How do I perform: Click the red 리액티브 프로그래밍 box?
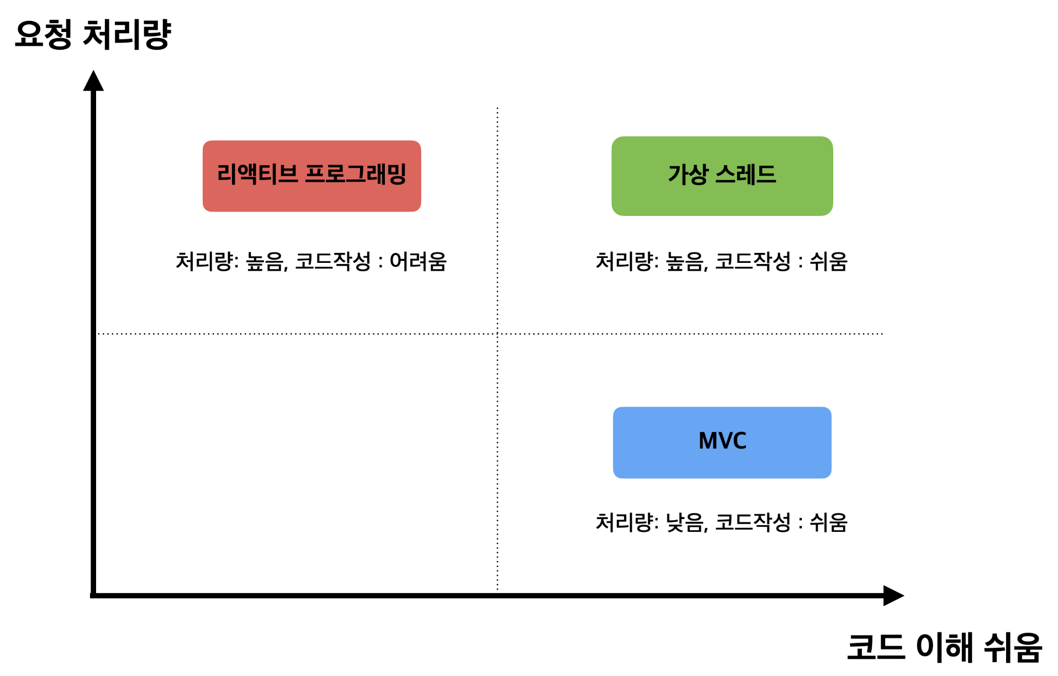[x=311, y=176]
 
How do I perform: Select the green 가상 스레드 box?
[x=722, y=176]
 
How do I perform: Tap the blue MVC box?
[x=722, y=442]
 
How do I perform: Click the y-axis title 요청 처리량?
[x=93, y=34]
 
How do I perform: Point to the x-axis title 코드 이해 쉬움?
[x=944, y=647]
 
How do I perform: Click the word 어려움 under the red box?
[x=418, y=261]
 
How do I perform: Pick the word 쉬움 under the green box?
[x=828, y=261]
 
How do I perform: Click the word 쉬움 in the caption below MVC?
[x=828, y=522]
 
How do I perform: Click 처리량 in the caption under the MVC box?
[x=626, y=522]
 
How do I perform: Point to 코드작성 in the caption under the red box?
[x=332, y=261]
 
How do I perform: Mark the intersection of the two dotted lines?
[x=498, y=334]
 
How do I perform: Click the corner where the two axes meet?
[x=93, y=595]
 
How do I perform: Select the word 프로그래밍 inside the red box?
[x=356, y=174]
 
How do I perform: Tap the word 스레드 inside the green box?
[x=745, y=175]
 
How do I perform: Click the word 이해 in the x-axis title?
[x=944, y=647]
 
